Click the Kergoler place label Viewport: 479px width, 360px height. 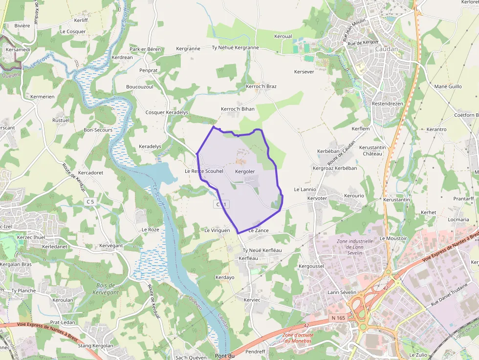tap(245, 171)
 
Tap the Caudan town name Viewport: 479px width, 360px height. tap(387, 49)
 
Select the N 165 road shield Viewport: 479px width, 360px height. tap(338, 318)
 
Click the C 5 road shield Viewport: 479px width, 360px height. tap(89, 201)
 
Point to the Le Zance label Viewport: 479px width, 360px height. tap(259, 230)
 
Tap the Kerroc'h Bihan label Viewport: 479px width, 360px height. tap(238, 109)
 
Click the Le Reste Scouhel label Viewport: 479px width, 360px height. tap(204, 171)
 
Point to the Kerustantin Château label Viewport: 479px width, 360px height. tap(372, 150)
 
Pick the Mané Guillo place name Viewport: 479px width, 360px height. tap(448, 86)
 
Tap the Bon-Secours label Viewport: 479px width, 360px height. tap(98, 130)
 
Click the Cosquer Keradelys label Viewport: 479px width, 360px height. tap(167, 112)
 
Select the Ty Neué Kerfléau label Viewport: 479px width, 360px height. tap(262, 250)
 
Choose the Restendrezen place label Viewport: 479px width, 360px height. tap(387, 104)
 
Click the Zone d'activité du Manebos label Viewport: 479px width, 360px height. tap(299, 338)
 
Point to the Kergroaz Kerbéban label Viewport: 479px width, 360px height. tap(335, 168)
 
